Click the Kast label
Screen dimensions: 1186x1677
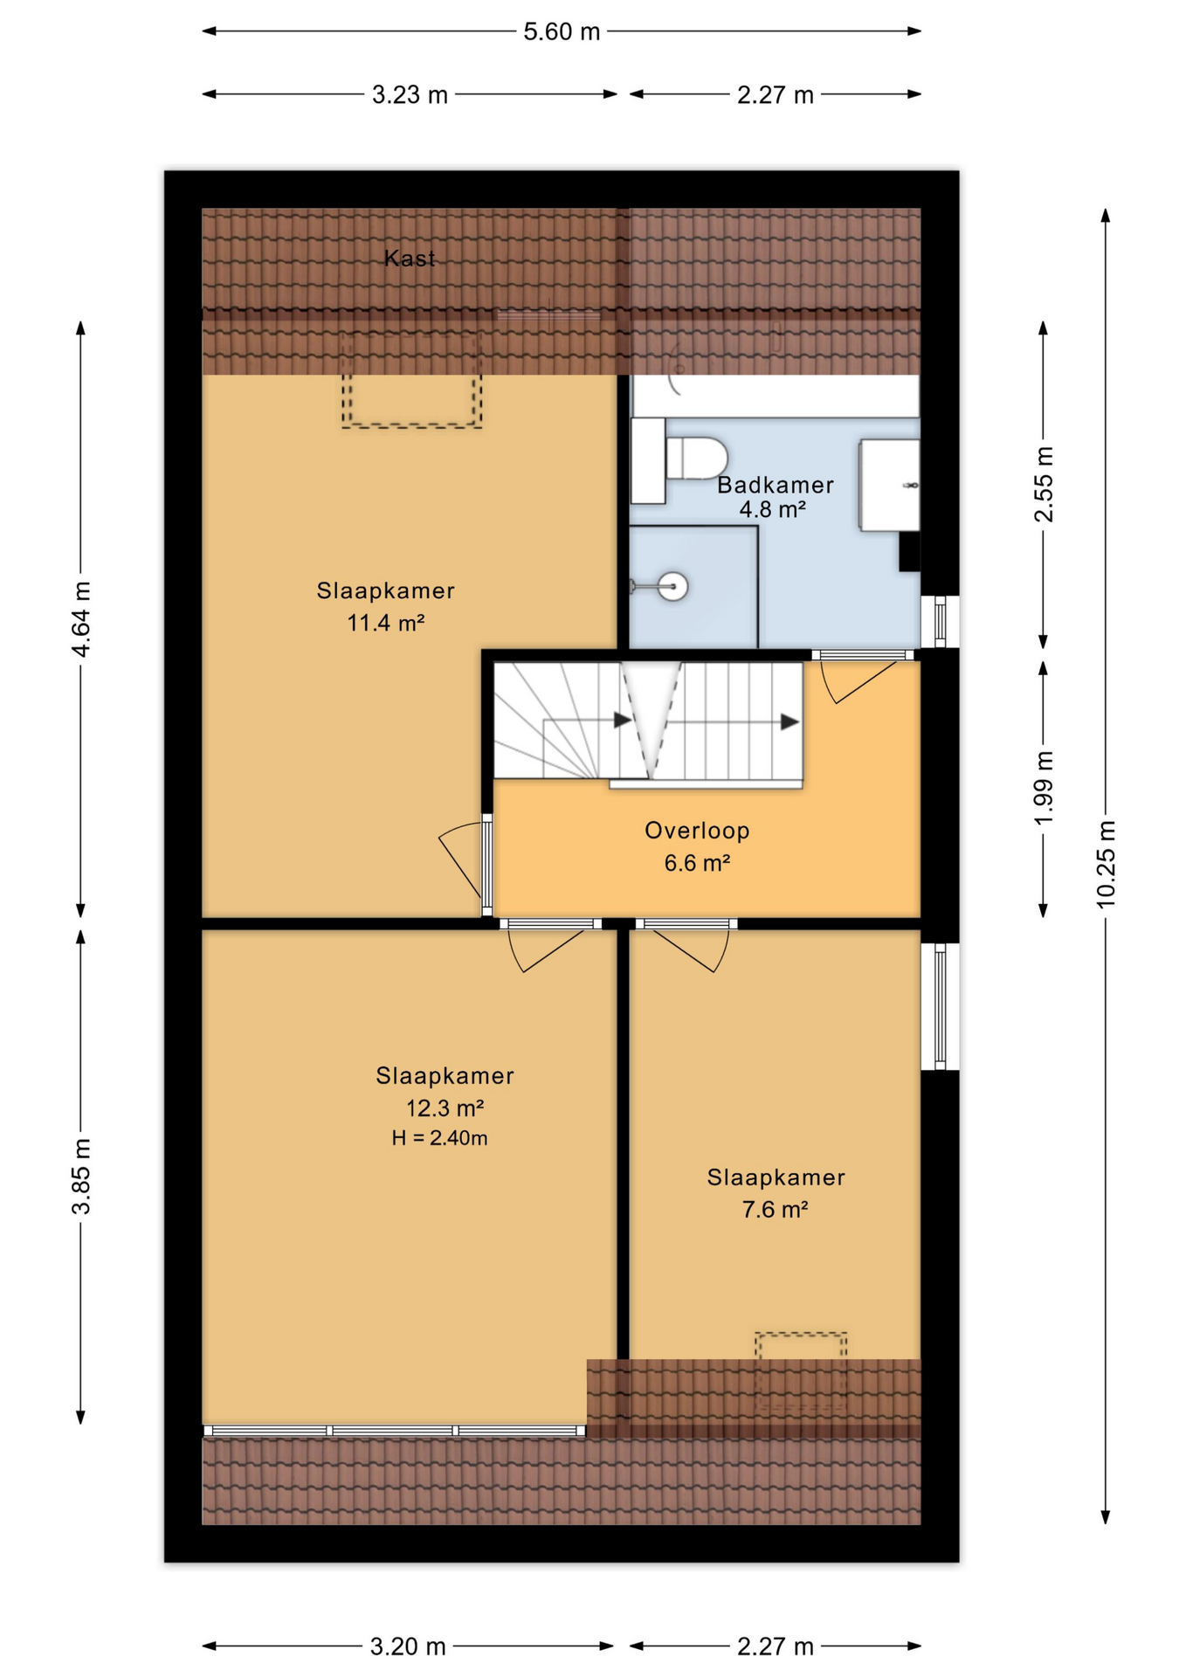[x=409, y=258]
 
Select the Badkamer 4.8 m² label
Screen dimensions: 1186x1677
[x=775, y=496]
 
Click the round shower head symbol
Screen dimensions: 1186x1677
[x=672, y=585]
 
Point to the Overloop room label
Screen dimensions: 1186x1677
[x=697, y=830]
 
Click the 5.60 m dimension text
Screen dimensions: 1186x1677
[x=562, y=31]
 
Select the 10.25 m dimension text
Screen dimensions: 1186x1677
[x=1106, y=864]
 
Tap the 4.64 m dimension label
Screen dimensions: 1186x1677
[x=80, y=618]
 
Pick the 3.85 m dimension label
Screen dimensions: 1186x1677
[x=80, y=1176]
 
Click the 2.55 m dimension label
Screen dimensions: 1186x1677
[x=1044, y=484]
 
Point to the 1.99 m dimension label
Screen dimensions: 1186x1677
[x=1044, y=786]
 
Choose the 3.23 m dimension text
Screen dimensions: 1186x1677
[x=410, y=94]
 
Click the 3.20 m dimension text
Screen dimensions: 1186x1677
[x=408, y=1646]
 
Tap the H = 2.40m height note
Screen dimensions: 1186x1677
[x=439, y=1137]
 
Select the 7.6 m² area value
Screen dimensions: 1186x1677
[x=775, y=1209]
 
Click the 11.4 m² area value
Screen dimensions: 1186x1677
[x=385, y=623]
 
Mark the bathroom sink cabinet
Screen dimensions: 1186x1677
[x=889, y=485]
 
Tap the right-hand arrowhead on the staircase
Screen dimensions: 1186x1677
[x=790, y=721]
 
